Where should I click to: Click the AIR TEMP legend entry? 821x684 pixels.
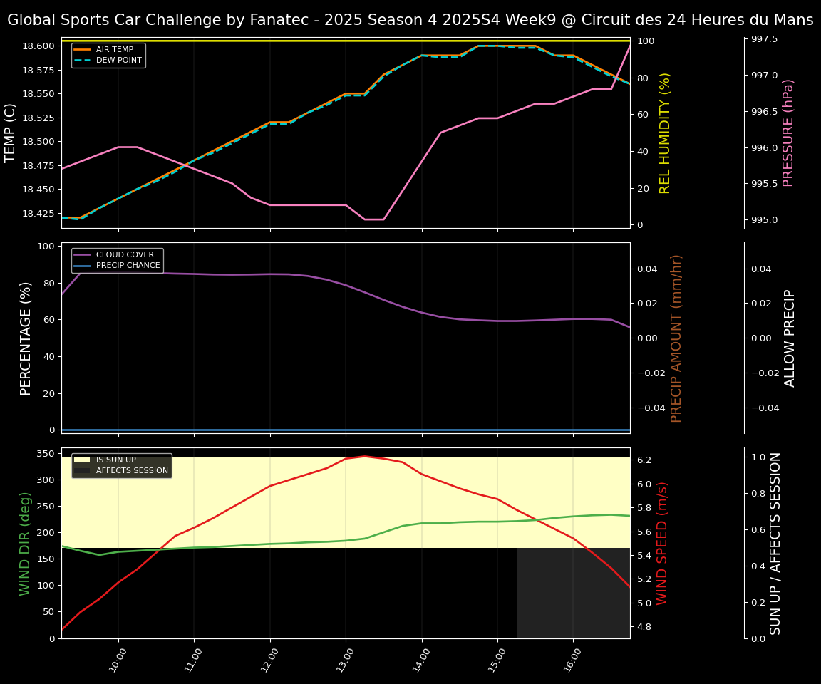tap(114, 50)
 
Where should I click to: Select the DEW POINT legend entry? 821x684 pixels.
tap(118, 60)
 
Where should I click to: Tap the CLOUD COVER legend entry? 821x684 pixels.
tap(125, 255)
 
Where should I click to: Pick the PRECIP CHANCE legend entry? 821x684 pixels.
tap(128, 266)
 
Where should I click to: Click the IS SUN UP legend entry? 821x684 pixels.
tap(115, 460)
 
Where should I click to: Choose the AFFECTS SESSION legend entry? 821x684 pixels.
tap(132, 470)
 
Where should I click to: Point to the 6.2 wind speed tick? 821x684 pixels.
tap(644, 460)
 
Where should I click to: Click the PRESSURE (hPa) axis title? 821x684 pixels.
tap(788, 133)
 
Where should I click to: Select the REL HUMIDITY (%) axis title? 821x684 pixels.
tap(666, 133)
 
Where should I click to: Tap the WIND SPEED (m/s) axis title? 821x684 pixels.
tap(663, 543)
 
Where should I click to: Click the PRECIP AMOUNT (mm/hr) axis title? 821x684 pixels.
tap(677, 338)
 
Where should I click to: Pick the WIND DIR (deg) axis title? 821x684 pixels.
tap(26, 543)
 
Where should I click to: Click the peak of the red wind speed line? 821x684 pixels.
tap(364, 456)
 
